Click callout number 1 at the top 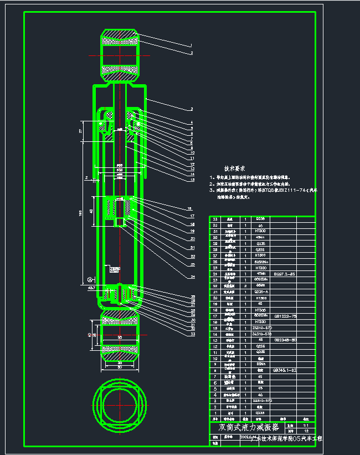[x=191, y=45]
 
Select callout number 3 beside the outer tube [x=191, y=109]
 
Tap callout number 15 [x=192, y=180]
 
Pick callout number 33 [x=193, y=334]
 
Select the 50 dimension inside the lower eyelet [x=119, y=337]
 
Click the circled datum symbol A [x=89, y=279]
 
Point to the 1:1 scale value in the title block [x=306, y=425]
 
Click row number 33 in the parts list [x=214, y=219]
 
